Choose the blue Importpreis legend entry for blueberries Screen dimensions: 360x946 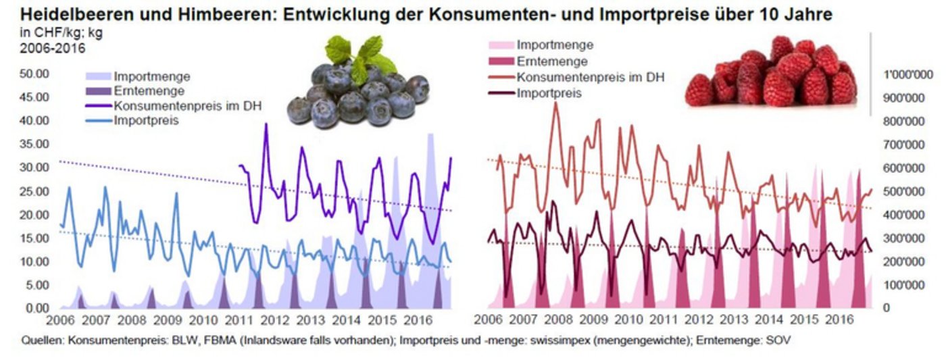[x=146, y=121]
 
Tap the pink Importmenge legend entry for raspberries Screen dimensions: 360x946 [x=555, y=45]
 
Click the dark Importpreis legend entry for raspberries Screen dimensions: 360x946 [x=549, y=93]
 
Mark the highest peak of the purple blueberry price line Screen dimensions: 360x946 [x=266, y=124]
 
